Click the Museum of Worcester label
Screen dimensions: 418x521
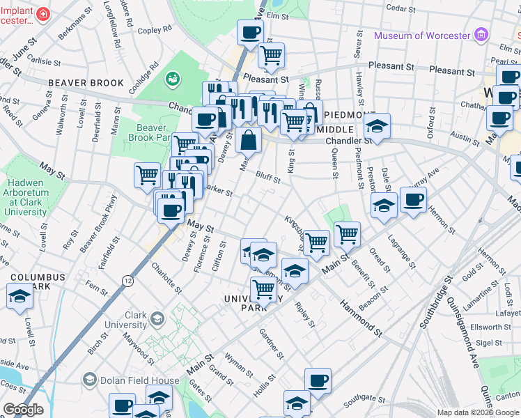pos(422,36)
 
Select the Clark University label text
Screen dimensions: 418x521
pos(126,320)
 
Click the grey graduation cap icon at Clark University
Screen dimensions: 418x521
pos(157,319)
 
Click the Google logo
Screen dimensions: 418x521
pos(23,410)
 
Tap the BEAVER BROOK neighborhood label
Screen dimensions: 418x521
pos(86,83)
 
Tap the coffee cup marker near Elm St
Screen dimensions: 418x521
pos(250,31)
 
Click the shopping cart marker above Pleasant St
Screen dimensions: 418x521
pos(271,54)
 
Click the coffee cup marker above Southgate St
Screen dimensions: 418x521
pos(318,380)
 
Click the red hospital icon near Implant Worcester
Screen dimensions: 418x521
pos(42,14)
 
